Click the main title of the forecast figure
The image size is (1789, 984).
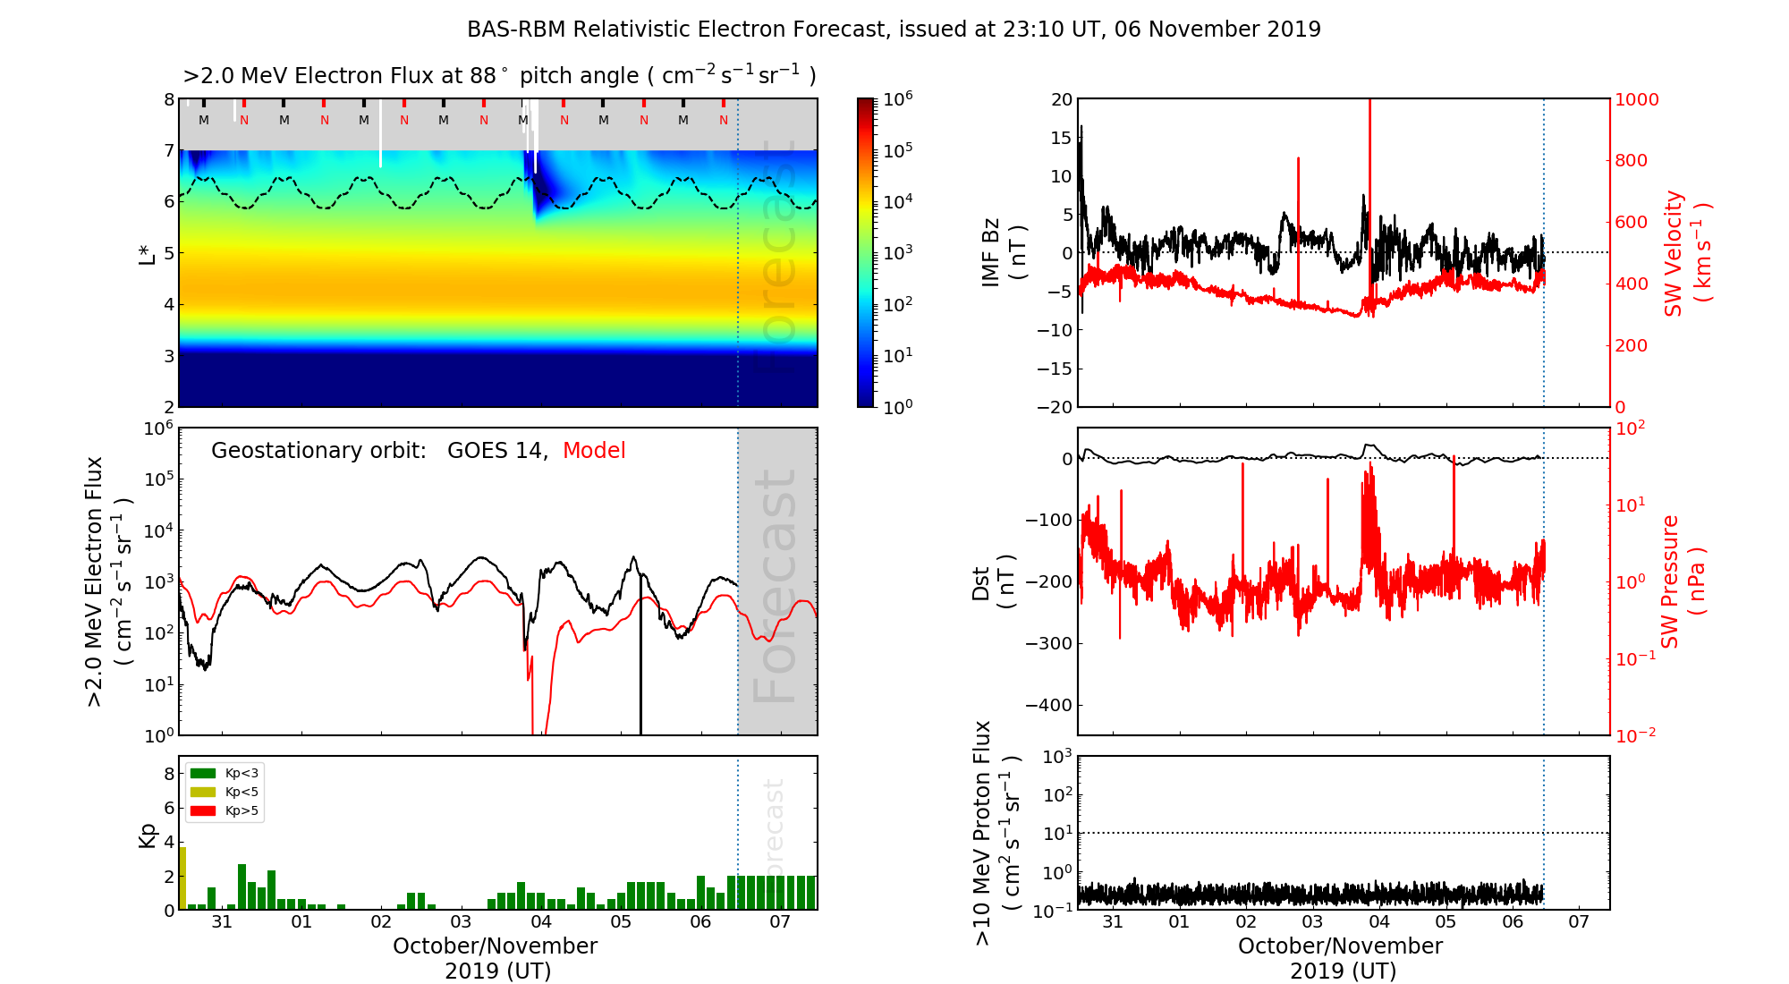coord(894,30)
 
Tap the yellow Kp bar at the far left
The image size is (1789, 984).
coord(182,878)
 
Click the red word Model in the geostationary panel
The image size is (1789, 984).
coord(594,451)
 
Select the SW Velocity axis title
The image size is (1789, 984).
coord(1687,253)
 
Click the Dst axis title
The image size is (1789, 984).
coord(993,582)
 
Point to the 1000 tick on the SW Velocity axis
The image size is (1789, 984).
coord(1636,99)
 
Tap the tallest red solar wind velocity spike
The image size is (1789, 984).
coord(1369,179)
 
